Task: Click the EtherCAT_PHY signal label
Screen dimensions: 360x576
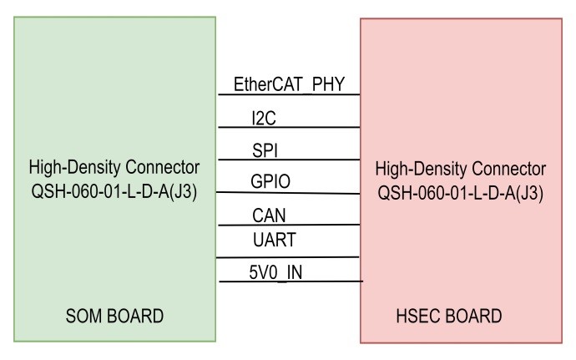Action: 288,84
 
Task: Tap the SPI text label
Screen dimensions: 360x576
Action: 266,150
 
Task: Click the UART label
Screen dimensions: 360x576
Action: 272,240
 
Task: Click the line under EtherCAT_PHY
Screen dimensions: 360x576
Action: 288,95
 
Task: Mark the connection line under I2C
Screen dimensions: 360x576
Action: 288,128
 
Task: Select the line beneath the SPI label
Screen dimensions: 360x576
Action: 288,160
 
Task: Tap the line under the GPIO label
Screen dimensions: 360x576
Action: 288,192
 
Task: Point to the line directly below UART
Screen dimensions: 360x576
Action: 288,257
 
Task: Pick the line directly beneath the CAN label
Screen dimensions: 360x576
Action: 288,225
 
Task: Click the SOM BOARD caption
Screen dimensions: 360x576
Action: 114,317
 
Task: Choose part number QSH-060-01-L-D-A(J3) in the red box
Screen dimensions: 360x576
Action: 461,191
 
